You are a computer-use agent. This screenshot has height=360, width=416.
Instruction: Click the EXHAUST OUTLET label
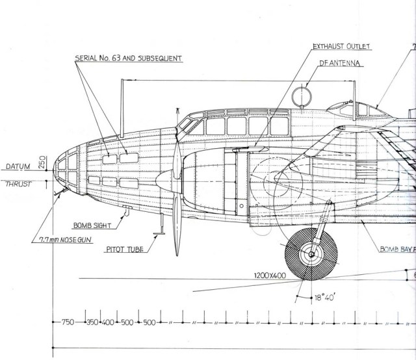tap(341, 46)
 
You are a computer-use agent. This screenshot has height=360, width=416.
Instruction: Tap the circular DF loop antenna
tap(300, 97)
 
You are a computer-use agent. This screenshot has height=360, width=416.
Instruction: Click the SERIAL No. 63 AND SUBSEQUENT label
tap(129, 58)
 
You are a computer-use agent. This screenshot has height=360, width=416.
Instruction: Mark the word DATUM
tap(18, 167)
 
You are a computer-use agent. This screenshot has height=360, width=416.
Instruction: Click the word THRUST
tap(19, 184)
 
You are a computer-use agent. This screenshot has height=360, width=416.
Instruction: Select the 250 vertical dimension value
tap(40, 163)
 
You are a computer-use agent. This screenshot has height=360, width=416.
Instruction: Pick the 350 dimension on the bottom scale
tap(92, 322)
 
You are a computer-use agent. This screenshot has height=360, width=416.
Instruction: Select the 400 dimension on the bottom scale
tap(107, 322)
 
